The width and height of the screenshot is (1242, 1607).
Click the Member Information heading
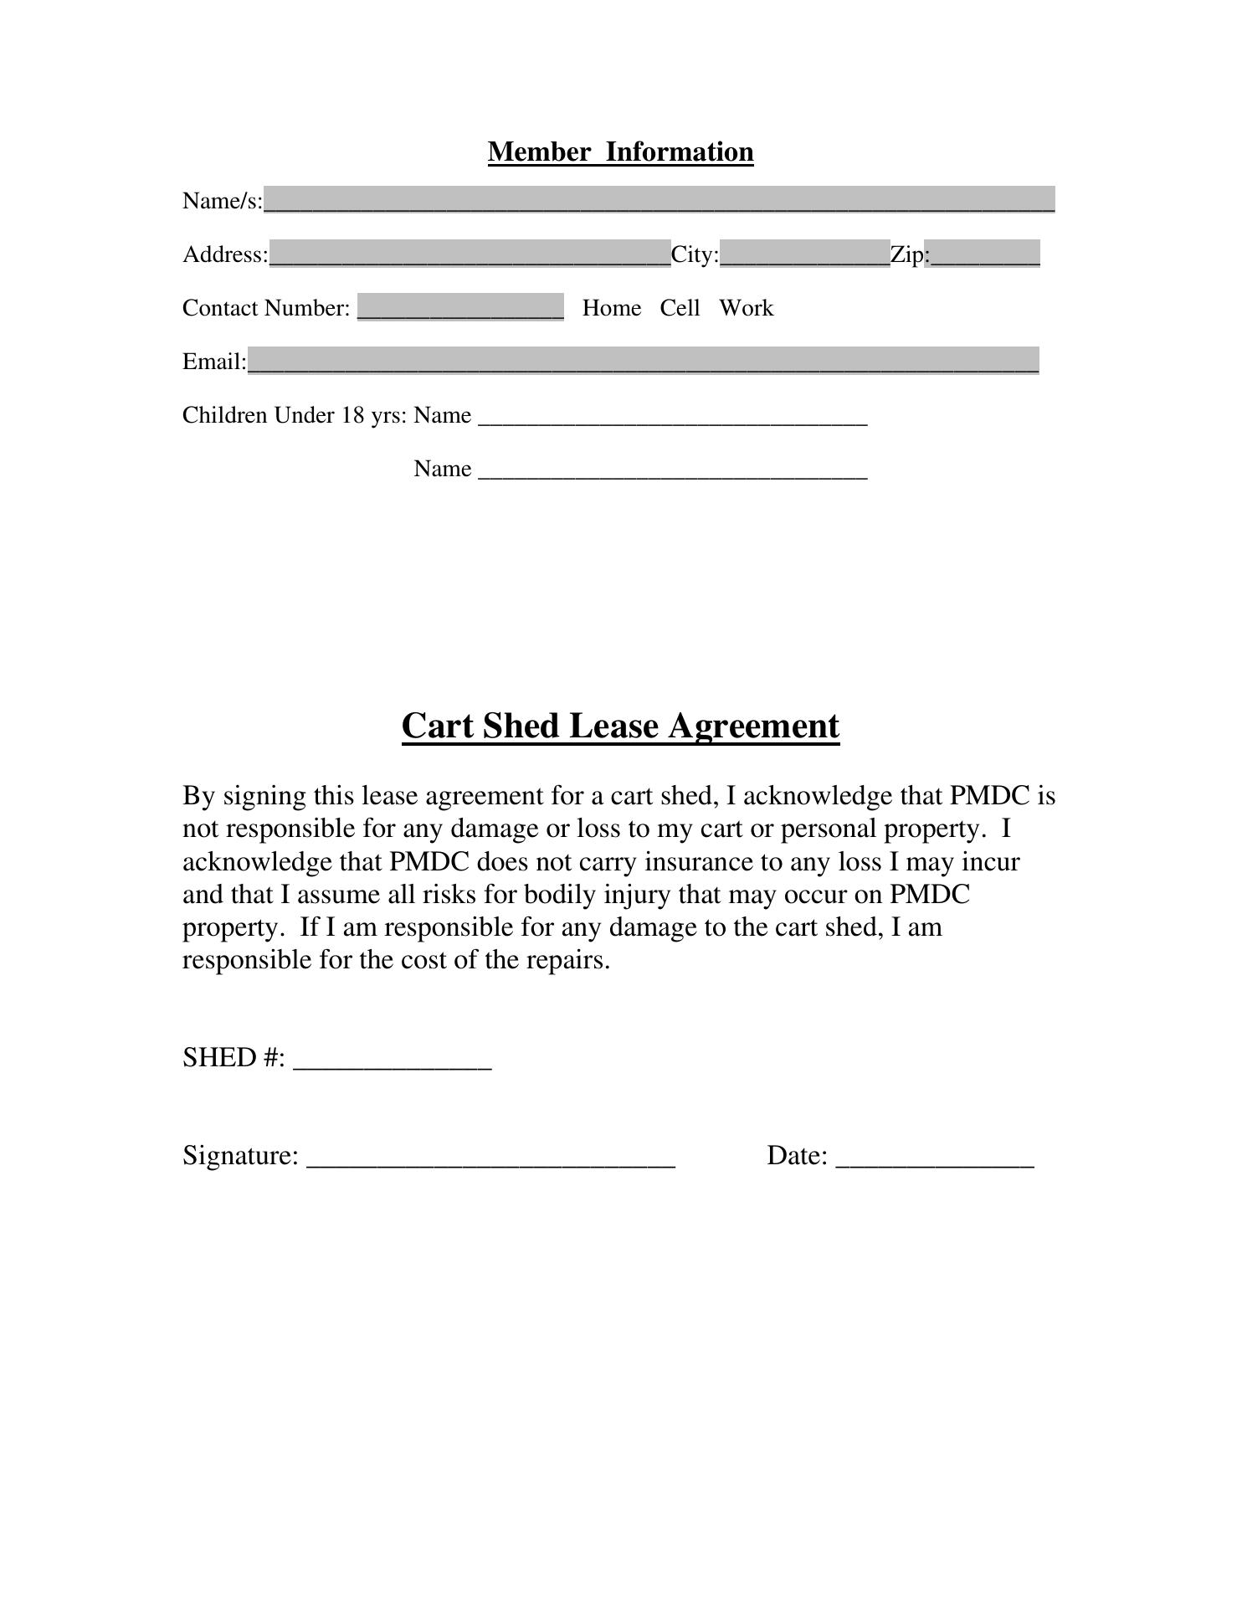tap(620, 151)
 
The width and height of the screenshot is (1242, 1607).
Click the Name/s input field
tap(659, 200)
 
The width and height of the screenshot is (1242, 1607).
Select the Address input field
tap(470, 254)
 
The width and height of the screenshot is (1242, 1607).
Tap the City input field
tap(804, 254)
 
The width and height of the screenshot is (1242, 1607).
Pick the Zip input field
tap(983, 254)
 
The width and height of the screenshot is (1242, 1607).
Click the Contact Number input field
tap(460, 307)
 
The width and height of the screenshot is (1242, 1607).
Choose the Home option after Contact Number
tap(611, 308)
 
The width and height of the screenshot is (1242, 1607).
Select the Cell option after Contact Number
tap(680, 308)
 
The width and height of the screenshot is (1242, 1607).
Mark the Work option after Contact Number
tap(746, 308)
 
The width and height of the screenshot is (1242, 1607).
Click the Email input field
tap(643, 361)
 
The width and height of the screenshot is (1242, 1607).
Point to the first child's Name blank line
tap(672, 417)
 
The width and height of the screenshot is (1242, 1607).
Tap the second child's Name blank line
tap(672, 470)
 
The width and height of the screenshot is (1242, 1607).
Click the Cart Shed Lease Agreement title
tap(620, 726)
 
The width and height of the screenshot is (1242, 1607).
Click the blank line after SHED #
tap(393, 1060)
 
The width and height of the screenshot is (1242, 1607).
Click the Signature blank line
tap(491, 1158)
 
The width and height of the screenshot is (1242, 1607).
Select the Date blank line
tap(935, 1158)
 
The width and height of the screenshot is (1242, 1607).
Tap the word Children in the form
tap(224, 415)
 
